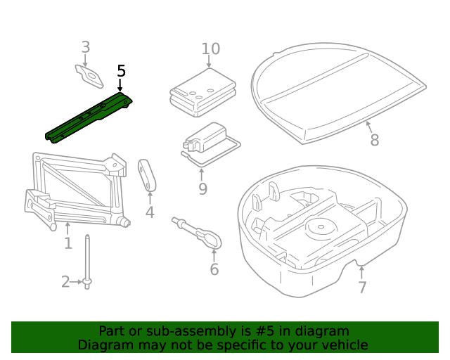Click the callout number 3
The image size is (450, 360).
click(86, 47)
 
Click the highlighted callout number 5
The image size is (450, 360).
click(121, 71)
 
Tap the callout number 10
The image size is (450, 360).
click(210, 49)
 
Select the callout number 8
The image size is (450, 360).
click(374, 141)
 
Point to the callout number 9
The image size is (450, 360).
click(202, 188)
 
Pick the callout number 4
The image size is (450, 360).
click(150, 213)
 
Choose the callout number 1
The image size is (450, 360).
click(68, 243)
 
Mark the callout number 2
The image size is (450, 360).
click(65, 282)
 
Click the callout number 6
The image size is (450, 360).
click(214, 269)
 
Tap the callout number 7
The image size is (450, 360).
click(362, 287)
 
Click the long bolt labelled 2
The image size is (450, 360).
click(87, 260)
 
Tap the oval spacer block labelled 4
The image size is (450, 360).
click(148, 174)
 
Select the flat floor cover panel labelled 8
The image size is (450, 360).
click(337, 88)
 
